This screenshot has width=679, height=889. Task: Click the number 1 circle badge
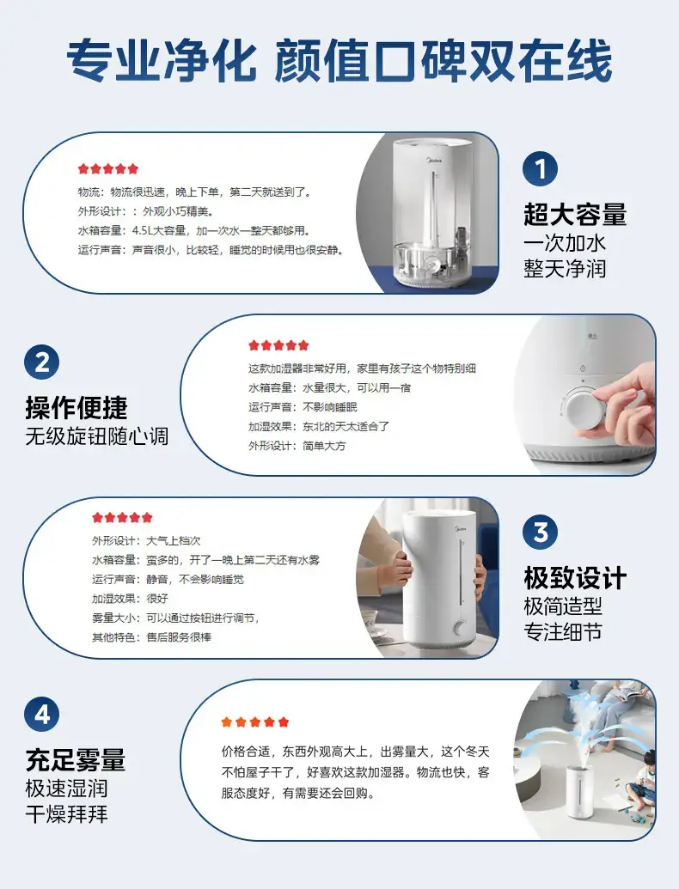(540, 168)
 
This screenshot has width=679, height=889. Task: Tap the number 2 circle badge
(42, 362)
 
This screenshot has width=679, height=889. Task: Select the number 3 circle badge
(540, 532)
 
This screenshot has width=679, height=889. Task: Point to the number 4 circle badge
(42, 714)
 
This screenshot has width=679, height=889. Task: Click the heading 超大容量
(575, 215)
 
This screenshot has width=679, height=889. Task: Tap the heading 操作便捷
(76, 407)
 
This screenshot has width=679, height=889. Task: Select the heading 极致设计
(575, 578)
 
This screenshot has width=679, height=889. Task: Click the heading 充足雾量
(76, 760)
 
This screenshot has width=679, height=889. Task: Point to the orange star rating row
(255, 722)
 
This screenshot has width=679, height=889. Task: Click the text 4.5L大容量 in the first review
(159, 231)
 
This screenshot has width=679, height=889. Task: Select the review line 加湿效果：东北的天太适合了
(319, 426)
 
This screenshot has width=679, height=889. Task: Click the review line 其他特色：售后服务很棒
(152, 637)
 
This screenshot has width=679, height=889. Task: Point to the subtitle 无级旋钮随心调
(97, 436)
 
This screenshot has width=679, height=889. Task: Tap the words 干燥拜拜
(66, 814)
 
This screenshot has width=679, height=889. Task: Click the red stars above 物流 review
(108, 168)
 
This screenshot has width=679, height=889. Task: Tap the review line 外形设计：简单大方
(297, 446)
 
